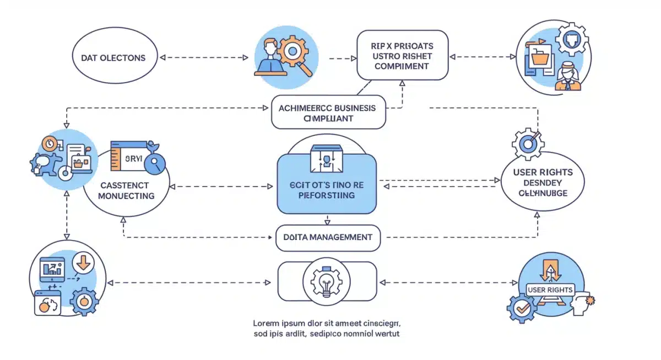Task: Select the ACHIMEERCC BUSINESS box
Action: point(327,112)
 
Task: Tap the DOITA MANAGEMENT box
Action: point(327,237)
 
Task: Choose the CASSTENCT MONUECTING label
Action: point(127,190)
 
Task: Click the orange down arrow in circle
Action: point(83,264)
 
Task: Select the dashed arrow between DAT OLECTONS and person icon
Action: point(203,57)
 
